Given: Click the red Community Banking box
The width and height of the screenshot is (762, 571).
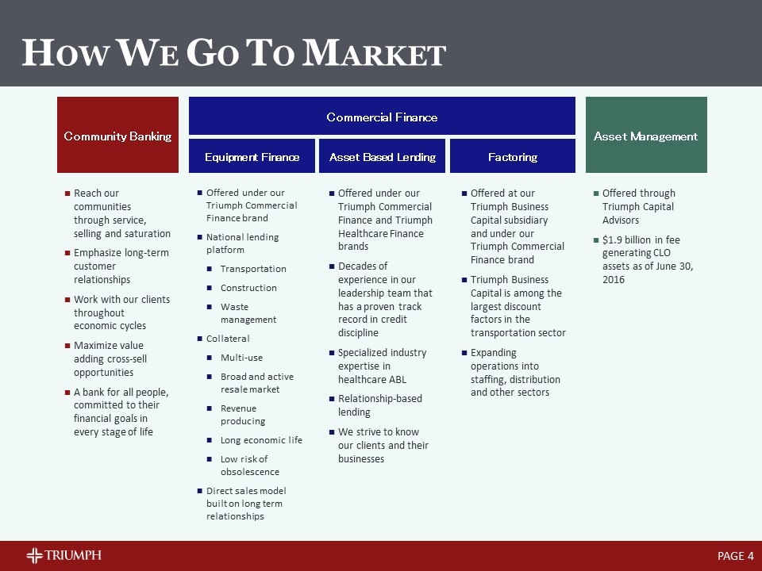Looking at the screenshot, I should tap(117, 135).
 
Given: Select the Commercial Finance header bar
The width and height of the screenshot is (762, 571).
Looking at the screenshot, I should tap(382, 117).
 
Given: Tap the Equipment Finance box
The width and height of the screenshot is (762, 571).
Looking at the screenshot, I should tap(252, 156).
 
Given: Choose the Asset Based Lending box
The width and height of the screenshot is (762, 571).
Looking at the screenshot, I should tap(383, 156).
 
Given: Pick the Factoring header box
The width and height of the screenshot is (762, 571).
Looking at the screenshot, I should tap(513, 156).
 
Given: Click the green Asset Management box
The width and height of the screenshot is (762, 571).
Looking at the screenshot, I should tap(645, 135).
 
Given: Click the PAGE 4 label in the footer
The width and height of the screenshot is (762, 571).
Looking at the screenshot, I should tap(735, 556).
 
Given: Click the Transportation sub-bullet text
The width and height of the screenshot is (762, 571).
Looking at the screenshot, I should tap(253, 269).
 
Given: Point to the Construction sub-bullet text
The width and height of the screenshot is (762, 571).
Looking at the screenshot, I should tap(248, 288).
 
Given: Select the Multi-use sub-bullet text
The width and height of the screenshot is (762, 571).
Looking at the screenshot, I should tap(241, 358).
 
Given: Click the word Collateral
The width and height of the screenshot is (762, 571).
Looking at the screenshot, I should tap(228, 339).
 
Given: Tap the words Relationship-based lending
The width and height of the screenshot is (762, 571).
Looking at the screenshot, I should tap(380, 405).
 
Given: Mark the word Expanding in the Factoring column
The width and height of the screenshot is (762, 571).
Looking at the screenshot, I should tap(493, 352).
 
